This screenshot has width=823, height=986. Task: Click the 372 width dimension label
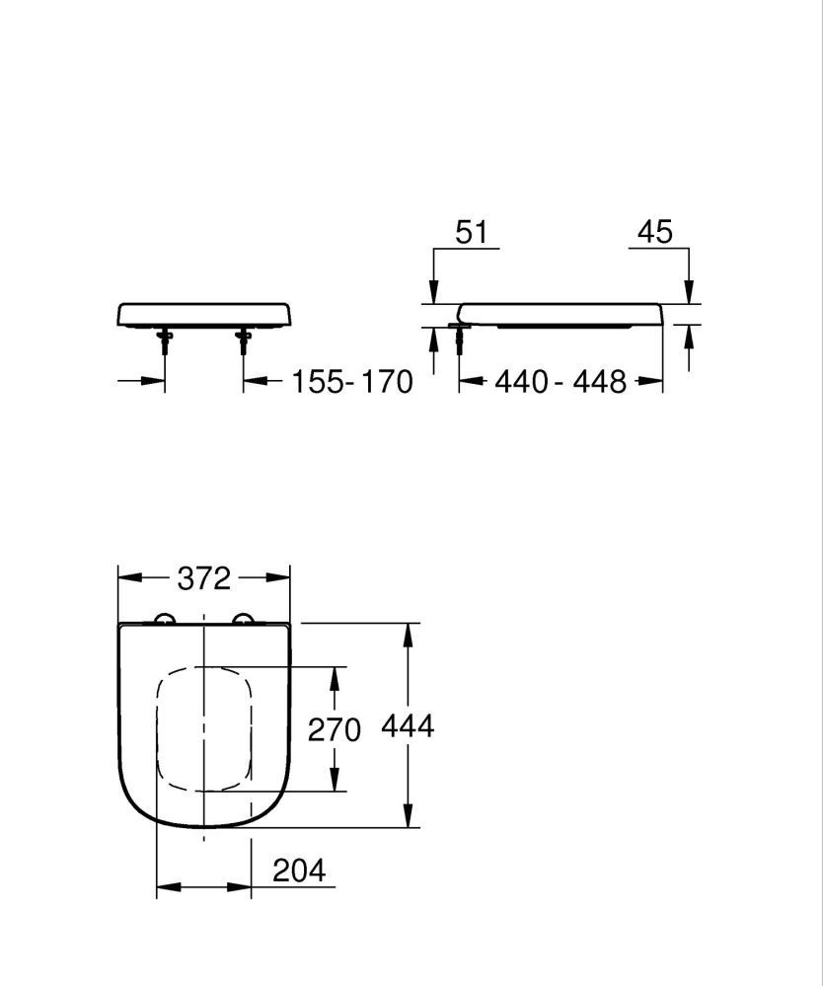point(203,577)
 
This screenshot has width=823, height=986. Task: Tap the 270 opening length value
point(335,729)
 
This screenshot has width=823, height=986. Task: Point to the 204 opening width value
point(298,870)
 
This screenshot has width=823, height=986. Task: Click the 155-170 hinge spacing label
point(351,382)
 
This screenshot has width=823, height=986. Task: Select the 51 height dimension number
point(471,232)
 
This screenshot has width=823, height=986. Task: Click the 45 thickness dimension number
point(654,232)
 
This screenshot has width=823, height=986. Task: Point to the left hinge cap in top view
point(165,619)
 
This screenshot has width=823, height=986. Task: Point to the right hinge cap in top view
point(243,619)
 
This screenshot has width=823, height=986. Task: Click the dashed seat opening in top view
point(203,729)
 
